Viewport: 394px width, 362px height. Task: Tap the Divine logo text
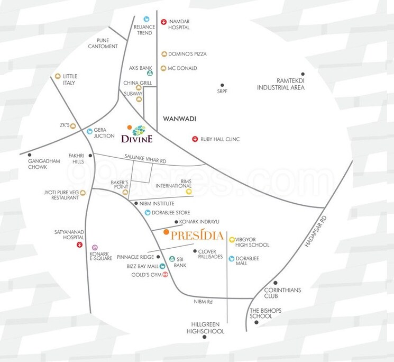(137, 139)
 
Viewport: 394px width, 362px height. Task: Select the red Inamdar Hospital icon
(164, 21)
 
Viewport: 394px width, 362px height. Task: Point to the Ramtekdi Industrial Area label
(281, 84)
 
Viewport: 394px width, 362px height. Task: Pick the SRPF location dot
(222, 85)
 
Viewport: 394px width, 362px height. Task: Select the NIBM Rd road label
(203, 302)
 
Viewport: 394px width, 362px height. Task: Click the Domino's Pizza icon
(164, 54)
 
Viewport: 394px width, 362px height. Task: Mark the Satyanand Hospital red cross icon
(79, 245)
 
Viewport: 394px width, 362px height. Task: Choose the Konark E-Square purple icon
(95, 247)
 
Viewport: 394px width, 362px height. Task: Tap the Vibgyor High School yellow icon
(232, 239)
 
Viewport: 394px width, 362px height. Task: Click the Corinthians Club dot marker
(275, 283)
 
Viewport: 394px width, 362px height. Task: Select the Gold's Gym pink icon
(166, 275)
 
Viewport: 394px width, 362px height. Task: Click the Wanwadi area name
(180, 119)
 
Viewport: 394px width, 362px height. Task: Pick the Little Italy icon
(58, 76)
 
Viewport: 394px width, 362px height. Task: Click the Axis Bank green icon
(150, 74)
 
